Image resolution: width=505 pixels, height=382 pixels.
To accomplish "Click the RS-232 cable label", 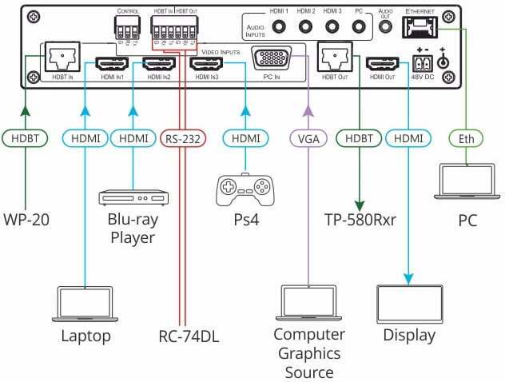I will [x=184, y=137].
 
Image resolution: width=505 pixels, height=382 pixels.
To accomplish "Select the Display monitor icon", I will [x=409, y=303].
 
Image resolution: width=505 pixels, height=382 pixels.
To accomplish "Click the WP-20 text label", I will [x=26, y=219].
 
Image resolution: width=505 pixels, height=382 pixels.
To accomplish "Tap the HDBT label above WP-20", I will [x=26, y=137].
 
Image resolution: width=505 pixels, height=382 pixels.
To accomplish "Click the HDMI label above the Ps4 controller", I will [x=245, y=137].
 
